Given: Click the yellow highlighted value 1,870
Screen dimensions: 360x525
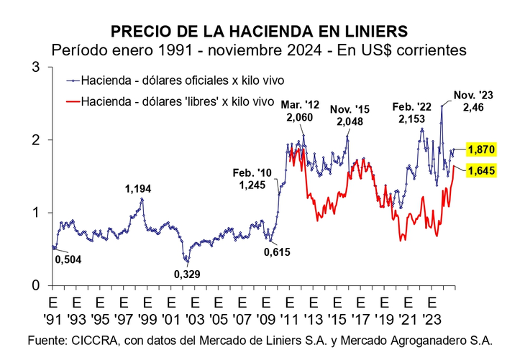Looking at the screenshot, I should pyautogui.click(x=481, y=149).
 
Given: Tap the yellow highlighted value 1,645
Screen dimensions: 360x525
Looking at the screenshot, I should pyautogui.click(x=481, y=170).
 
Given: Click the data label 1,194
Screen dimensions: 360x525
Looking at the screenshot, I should pyautogui.click(x=139, y=188).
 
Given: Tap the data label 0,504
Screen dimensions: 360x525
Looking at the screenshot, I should pyautogui.click(x=69, y=259).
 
